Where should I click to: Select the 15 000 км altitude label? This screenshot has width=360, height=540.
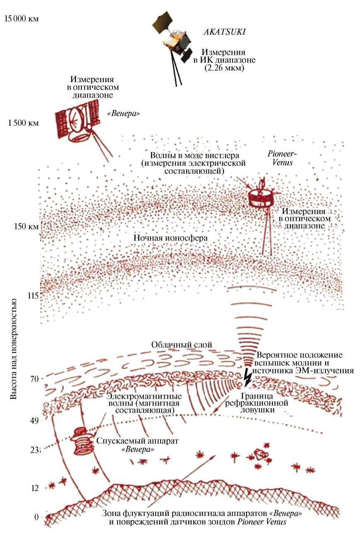pyautogui.click(x=20, y=19)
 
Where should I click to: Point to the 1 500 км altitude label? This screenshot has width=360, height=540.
pyautogui.click(x=23, y=123)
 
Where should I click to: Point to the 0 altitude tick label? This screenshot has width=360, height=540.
pyautogui.click(x=36, y=517)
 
